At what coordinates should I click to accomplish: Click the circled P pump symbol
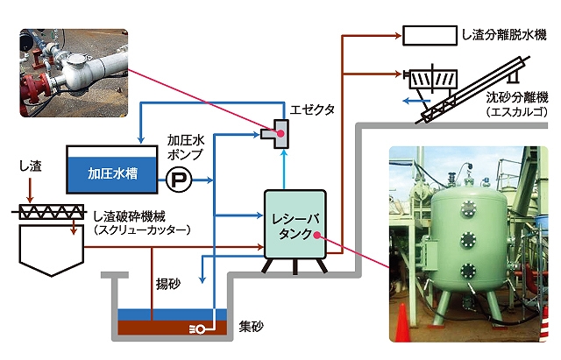pos(179,180)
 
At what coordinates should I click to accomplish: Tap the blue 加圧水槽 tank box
pos(112,169)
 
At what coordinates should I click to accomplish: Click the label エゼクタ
pos(312,109)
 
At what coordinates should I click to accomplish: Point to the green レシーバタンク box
pos(295,224)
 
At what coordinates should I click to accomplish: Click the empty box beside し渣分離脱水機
pos(430,35)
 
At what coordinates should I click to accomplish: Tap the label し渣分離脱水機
pos(504,35)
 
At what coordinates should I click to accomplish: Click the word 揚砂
pos(167,284)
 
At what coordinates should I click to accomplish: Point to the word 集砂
pos(252,326)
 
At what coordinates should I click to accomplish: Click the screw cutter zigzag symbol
pos(51,212)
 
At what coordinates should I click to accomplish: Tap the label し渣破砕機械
pos(130,216)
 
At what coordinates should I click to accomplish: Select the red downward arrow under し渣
pos(30,190)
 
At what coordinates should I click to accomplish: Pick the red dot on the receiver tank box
pos(316,235)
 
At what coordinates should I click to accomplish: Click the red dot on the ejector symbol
pos(280,133)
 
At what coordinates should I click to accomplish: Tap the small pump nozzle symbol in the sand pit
pos(197,329)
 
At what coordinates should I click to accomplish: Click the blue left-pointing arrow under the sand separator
pos(415,102)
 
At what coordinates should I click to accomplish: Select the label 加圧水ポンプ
pos(185,147)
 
